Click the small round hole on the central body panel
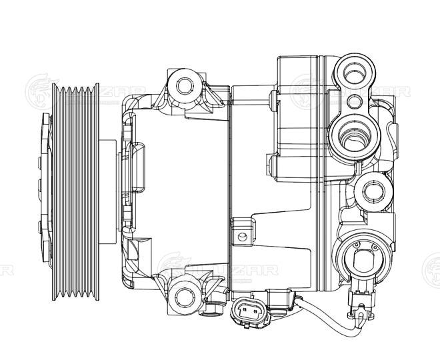coord(243,235)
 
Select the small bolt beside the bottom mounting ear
coord(213,307)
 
